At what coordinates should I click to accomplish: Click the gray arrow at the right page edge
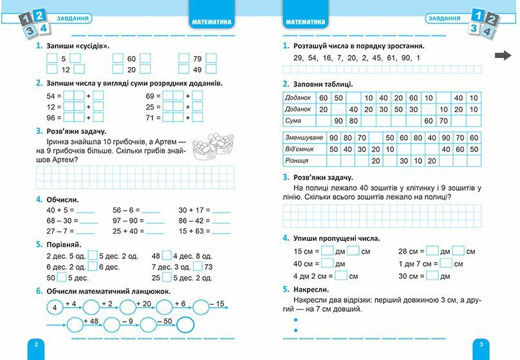(503, 55)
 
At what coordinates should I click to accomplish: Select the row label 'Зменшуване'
(304, 137)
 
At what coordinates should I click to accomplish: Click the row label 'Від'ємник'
(301, 149)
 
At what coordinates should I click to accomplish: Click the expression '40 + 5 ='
(60, 210)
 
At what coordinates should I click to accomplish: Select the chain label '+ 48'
(90, 320)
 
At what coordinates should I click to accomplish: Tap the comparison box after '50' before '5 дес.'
(62, 278)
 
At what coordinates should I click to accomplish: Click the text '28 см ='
(411, 251)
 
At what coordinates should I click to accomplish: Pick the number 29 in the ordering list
(297, 59)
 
